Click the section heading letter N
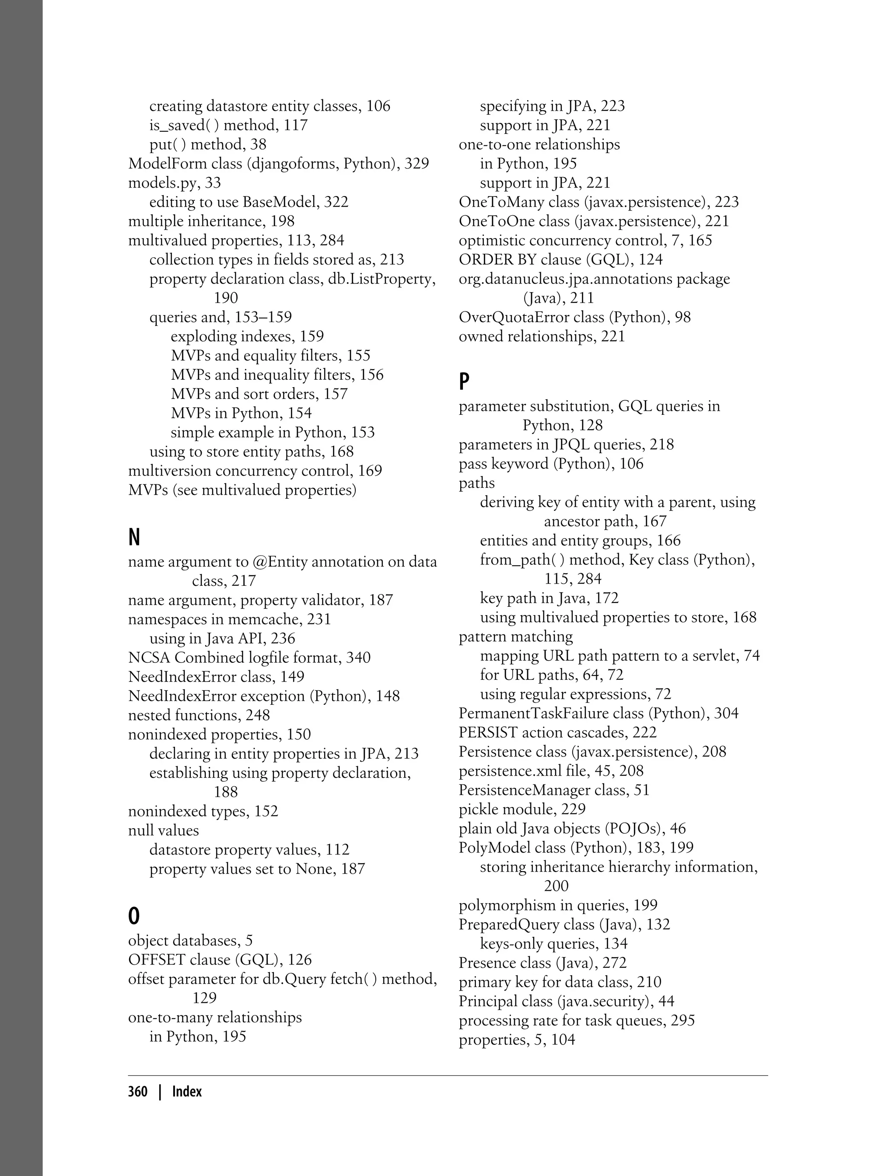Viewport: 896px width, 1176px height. (134, 537)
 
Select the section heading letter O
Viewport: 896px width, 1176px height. (134, 916)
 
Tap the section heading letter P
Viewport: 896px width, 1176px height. (464, 381)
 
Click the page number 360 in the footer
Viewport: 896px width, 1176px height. (138, 1092)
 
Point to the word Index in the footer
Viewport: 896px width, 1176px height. (187, 1092)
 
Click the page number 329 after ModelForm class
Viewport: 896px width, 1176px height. (416, 164)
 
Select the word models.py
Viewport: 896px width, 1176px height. (155, 183)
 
